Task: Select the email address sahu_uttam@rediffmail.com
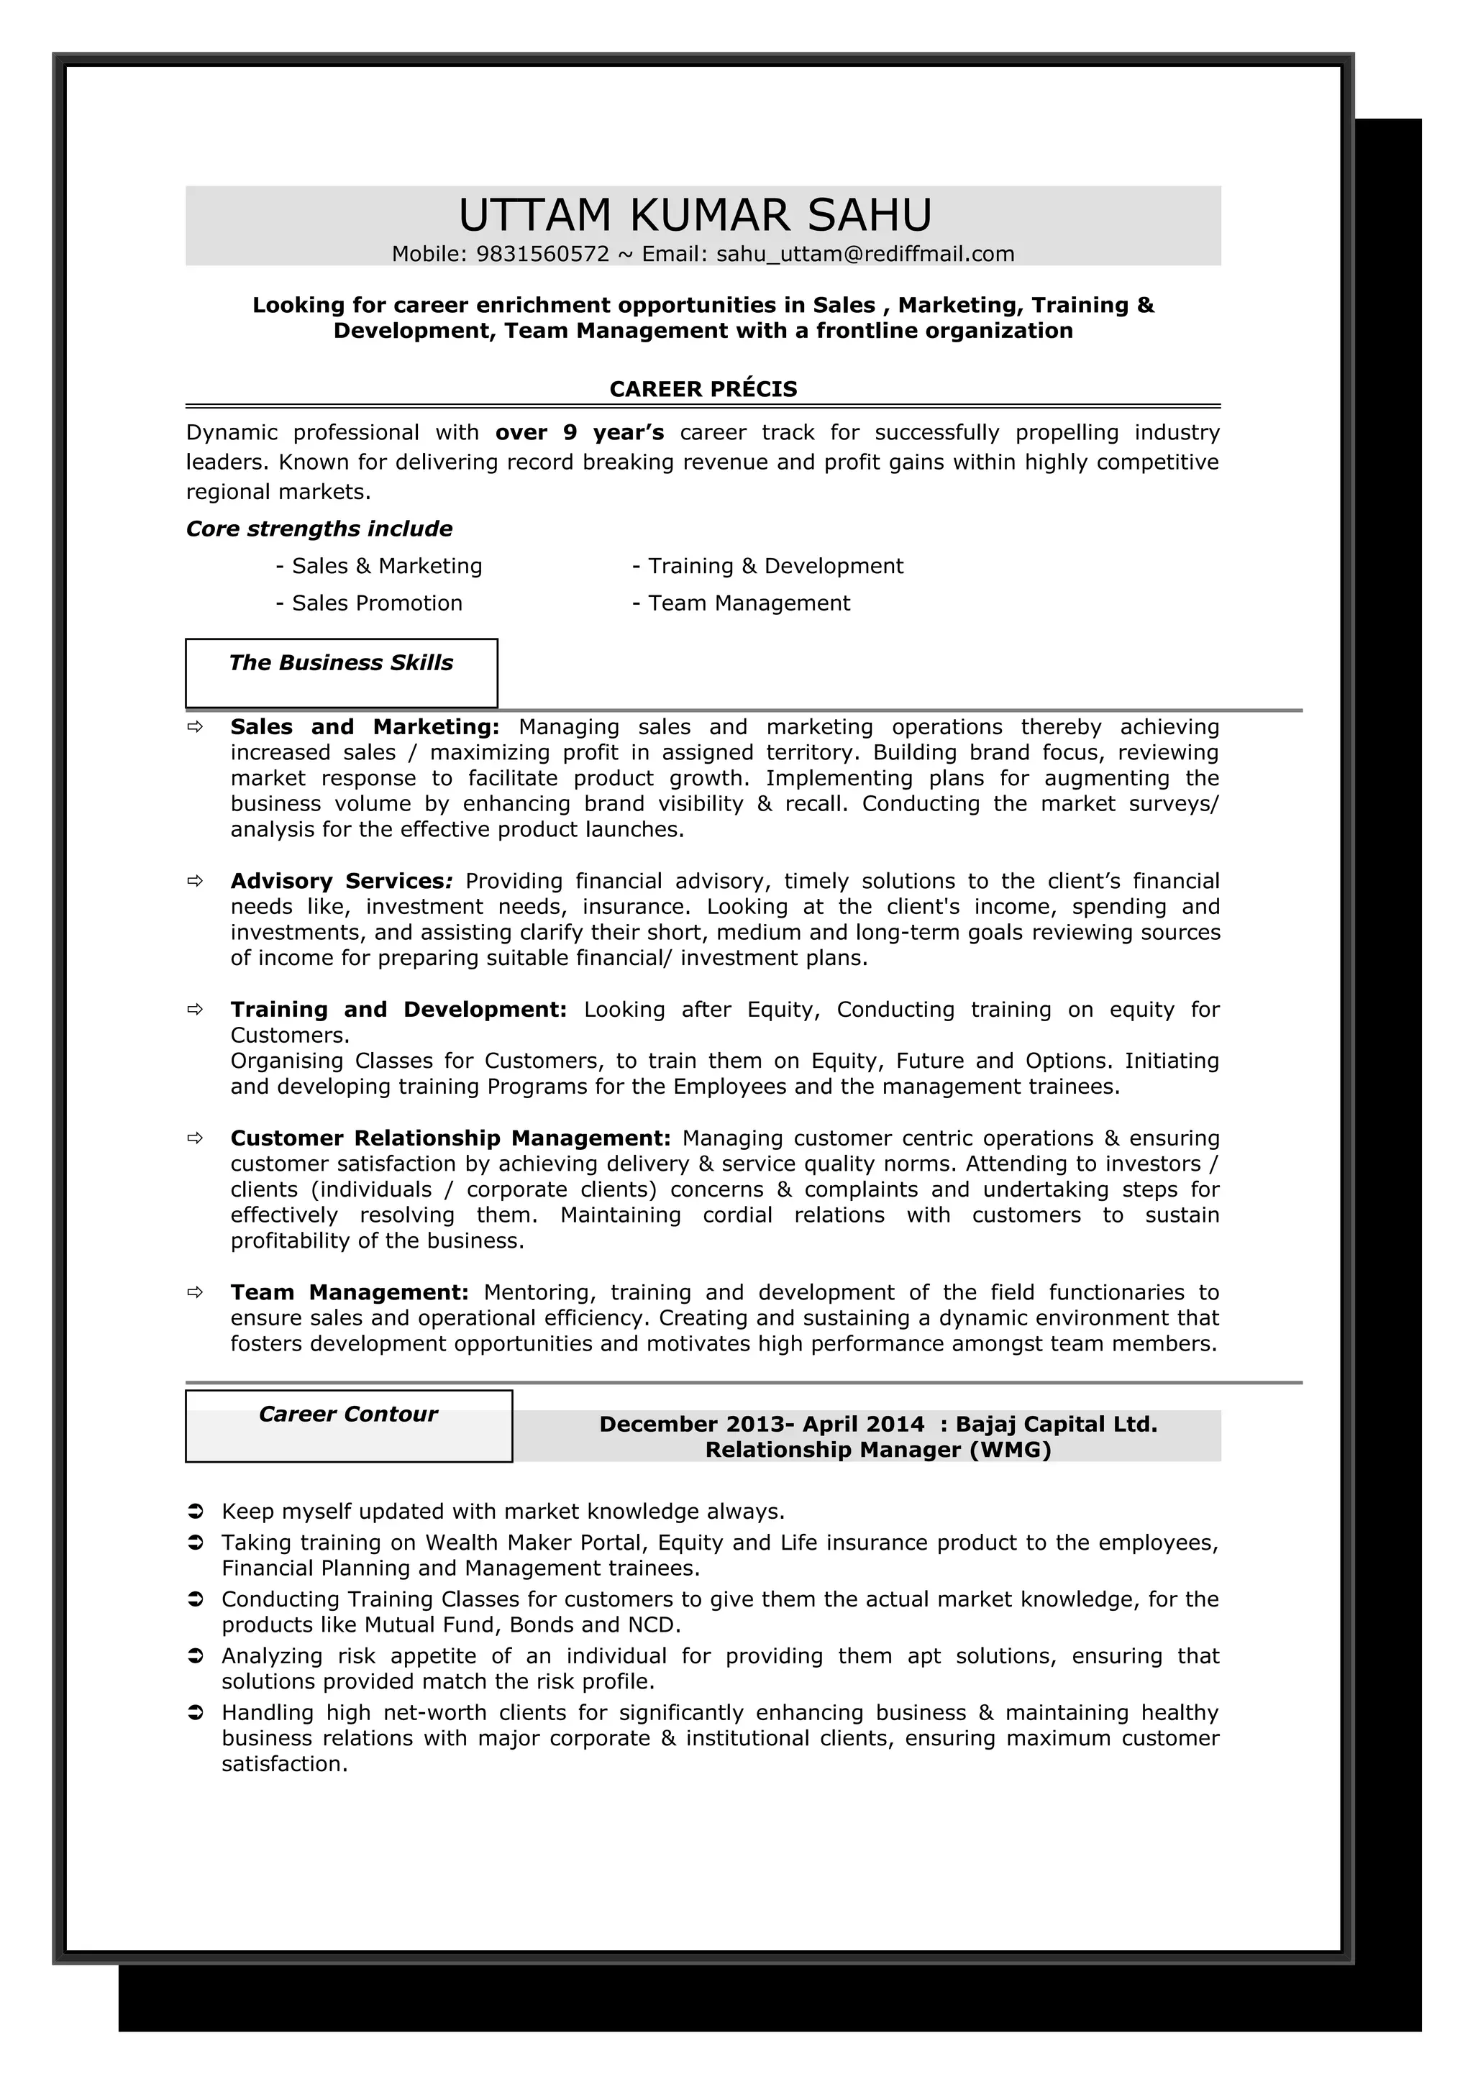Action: pos(865,254)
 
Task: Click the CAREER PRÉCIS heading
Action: pos(703,389)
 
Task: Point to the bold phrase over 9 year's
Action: pos(579,433)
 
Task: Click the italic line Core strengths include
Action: pos(319,529)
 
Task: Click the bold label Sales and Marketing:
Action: pos(364,727)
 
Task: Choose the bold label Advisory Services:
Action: pos(340,882)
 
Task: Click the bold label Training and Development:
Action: pos(398,1010)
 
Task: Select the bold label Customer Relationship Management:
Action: pos(450,1139)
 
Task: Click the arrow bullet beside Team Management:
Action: pos(194,1292)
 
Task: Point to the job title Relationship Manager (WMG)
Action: pos(877,1450)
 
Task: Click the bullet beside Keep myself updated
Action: pos(194,1512)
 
